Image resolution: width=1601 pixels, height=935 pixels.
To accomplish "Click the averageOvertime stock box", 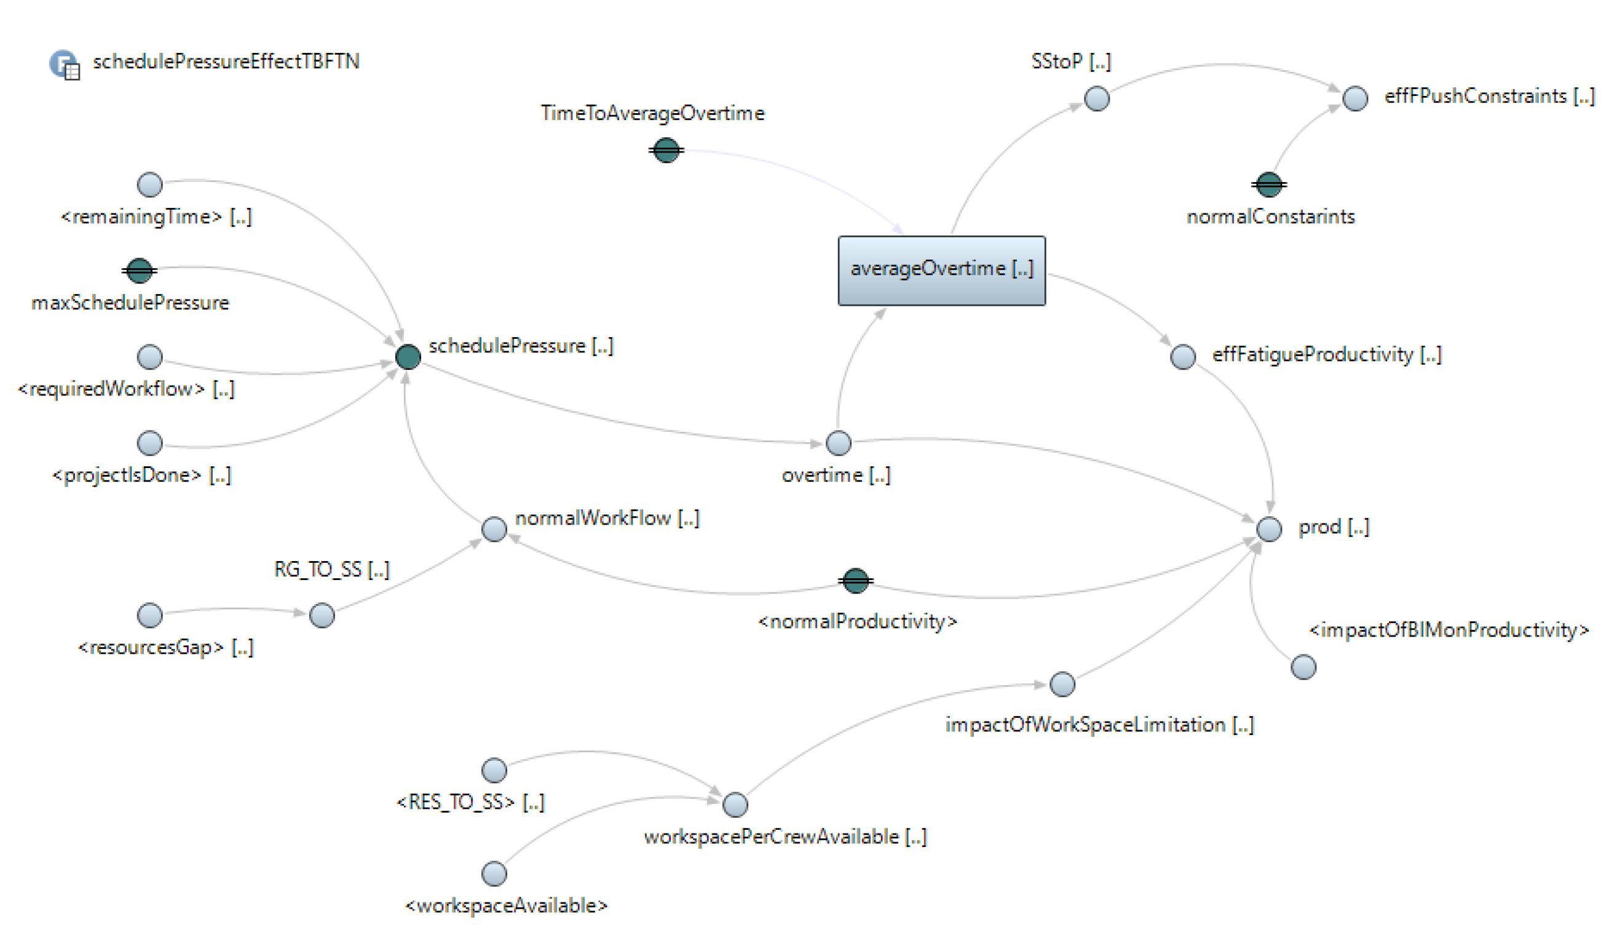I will point(941,271).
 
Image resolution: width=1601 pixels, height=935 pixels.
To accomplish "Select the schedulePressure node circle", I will point(408,357).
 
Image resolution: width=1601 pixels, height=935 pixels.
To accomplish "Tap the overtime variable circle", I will point(838,443).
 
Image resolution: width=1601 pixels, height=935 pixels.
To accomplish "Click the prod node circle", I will point(1269,529).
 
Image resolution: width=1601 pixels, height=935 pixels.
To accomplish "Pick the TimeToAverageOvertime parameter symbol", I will point(666,151).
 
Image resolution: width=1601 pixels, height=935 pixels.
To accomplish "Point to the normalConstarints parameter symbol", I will point(1269,185).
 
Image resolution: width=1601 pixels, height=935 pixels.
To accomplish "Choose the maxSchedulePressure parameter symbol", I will point(139,271).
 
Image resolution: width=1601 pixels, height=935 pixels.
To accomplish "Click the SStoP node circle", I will point(1097,98).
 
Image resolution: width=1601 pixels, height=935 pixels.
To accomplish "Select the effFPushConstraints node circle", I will point(1355,98).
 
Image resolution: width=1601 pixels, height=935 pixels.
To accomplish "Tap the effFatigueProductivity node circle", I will point(1182,357).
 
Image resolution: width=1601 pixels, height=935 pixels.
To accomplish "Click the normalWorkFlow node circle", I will point(494,529).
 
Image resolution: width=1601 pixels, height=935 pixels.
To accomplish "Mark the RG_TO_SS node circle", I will point(322,615).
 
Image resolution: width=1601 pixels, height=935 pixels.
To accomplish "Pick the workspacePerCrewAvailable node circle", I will point(735,805).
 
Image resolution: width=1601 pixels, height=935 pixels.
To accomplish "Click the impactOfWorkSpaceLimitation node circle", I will point(1062,684).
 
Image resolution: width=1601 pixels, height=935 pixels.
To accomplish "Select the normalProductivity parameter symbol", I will point(855,580).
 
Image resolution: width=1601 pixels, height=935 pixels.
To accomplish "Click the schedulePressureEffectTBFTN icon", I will point(64,64).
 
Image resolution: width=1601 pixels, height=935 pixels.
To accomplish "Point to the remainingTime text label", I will point(156,217).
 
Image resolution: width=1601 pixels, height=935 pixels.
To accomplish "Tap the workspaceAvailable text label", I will point(507,905).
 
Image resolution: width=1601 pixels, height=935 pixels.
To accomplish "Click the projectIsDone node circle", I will point(149,443).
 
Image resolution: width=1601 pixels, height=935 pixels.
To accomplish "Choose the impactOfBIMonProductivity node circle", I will point(1303,667).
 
